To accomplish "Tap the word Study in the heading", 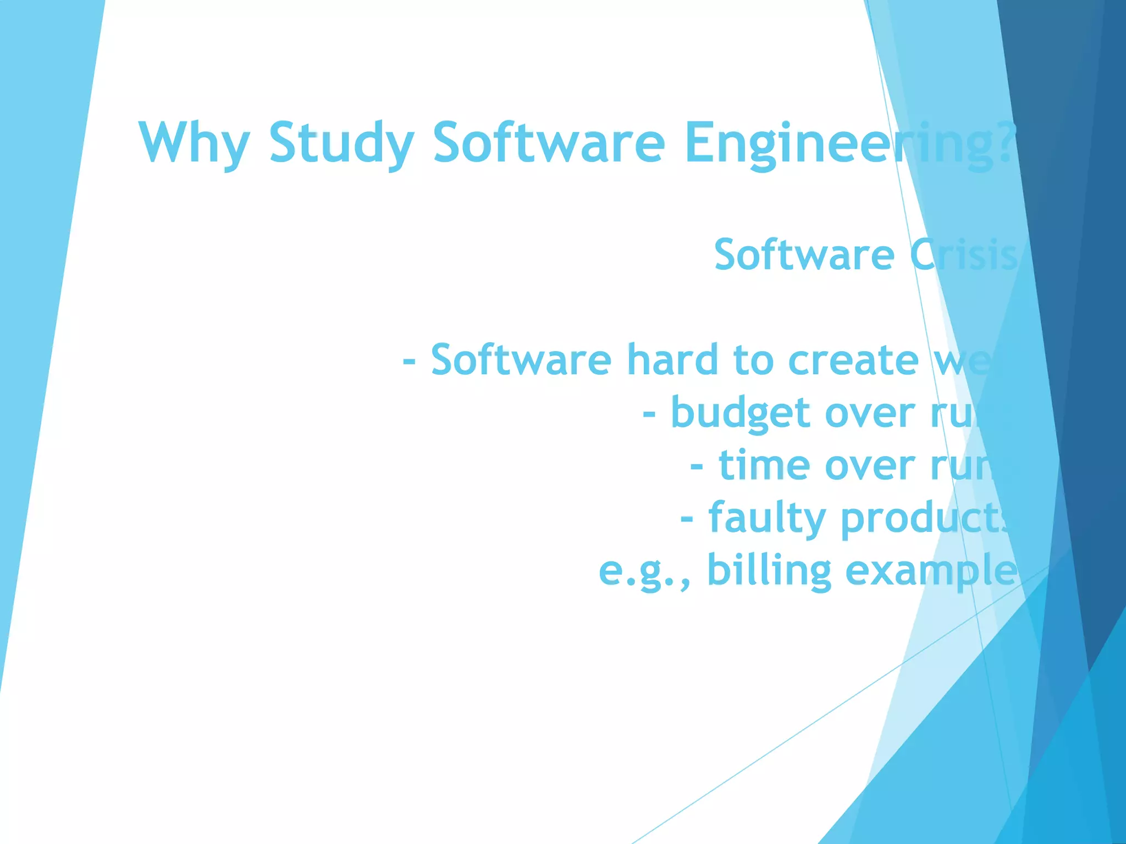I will (x=341, y=144).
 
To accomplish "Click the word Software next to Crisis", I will (x=804, y=255).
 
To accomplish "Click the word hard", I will (x=673, y=360).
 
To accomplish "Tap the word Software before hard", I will (x=521, y=360).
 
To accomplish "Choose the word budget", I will (x=740, y=413).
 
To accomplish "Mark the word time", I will (x=764, y=466).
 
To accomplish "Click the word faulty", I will (x=767, y=519).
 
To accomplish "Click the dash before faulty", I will (x=687, y=519).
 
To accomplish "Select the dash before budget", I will (x=649, y=413).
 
